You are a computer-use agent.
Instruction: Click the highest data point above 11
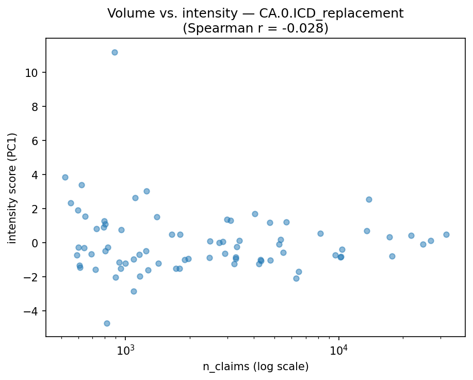[x=115, y=52]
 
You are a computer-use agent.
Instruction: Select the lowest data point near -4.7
[x=107, y=323]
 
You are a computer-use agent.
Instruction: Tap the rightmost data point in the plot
[x=446, y=234]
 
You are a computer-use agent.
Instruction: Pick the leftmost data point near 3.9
[x=65, y=177]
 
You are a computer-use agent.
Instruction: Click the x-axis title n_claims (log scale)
[x=255, y=367]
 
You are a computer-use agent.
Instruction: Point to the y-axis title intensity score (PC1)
[x=12, y=188]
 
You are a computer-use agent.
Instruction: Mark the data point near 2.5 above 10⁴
[x=369, y=199]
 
